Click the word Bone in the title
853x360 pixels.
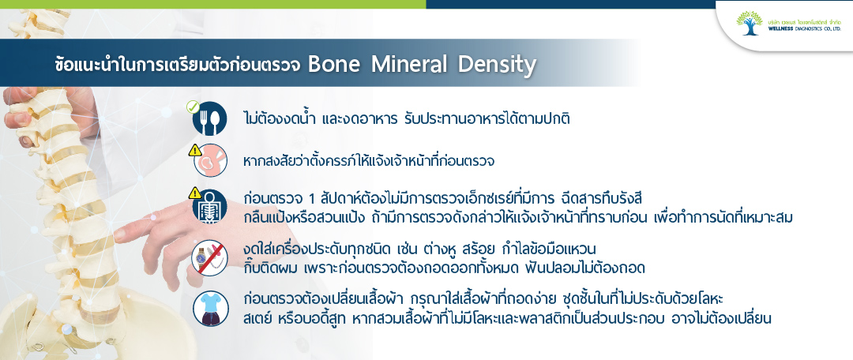(x=334, y=65)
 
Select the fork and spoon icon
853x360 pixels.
(x=209, y=118)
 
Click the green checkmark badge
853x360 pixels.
(x=193, y=107)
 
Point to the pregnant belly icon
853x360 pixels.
(x=211, y=161)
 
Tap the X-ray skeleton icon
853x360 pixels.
(x=210, y=207)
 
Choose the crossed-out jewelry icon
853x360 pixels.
(x=210, y=257)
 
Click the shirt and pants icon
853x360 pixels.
(x=211, y=309)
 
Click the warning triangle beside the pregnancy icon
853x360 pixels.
(x=195, y=150)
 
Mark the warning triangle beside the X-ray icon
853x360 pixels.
(x=195, y=193)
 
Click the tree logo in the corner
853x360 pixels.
(x=749, y=22)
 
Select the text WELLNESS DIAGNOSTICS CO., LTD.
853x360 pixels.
(x=804, y=29)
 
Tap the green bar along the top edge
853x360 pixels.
(x=212, y=4)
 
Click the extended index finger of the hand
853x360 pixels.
(x=142, y=227)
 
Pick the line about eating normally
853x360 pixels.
(x=407, y=118)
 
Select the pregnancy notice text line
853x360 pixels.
(x=368, y=162)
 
